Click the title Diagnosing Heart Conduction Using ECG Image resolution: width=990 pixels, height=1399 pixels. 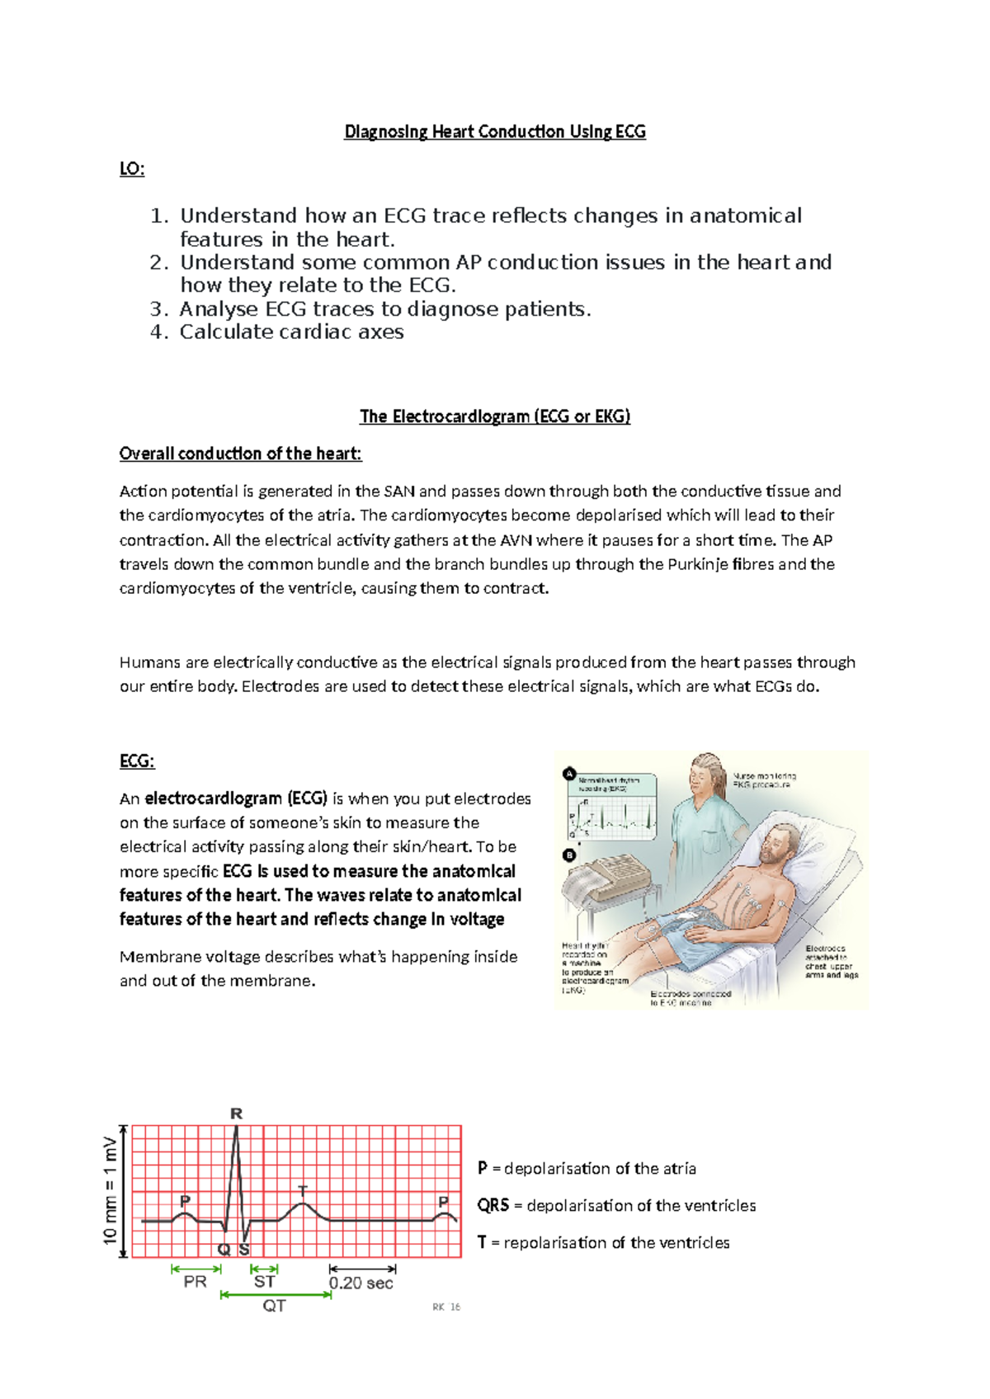(494, 132)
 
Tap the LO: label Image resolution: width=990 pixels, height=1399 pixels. (132, 169)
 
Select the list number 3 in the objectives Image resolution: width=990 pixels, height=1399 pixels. (159, 309)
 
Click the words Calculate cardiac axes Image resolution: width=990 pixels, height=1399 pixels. (291, 332)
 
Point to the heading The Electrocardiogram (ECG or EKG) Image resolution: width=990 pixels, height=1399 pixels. (494, 417)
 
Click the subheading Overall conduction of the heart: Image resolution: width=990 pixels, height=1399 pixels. (240, 454)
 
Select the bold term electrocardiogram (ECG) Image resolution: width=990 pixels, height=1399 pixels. (236, 798)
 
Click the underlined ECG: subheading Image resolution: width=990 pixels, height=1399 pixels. (137, 761)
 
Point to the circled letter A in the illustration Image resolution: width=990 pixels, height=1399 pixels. (568, 774)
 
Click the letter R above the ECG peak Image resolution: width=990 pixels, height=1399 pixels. (237, 1114)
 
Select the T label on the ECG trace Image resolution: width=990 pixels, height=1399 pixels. (303, 1190)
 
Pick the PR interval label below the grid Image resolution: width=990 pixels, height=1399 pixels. (196, 1282)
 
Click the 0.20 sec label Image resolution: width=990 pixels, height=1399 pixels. (361, 1284)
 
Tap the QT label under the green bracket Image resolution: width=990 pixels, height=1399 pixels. (275, 1306)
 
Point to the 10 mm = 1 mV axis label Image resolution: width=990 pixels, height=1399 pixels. (110, 1190)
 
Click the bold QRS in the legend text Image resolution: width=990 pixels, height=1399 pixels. (493, 1205)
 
